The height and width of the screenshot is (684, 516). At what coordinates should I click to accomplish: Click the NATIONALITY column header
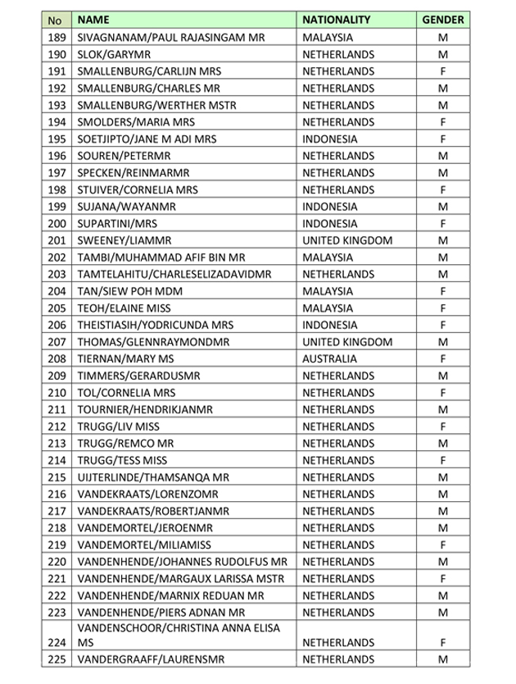coord(337,20)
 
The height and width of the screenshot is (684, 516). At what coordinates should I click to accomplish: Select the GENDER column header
coord(442,20)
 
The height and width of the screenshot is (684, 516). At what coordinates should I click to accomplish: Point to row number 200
coord(57,224)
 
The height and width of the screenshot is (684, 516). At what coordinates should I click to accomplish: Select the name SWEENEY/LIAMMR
coord(123,240)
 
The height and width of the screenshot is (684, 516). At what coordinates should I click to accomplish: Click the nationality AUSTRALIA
coord(330,358)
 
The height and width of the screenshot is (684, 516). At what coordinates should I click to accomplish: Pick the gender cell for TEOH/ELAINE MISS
coord(442,308)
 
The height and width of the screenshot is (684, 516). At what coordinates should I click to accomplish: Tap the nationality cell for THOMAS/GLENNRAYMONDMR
coord(347,342)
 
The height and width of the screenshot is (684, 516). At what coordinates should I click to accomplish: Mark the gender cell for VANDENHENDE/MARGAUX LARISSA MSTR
coord(442,579)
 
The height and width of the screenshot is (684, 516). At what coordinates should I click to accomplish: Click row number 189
coord(57,38)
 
